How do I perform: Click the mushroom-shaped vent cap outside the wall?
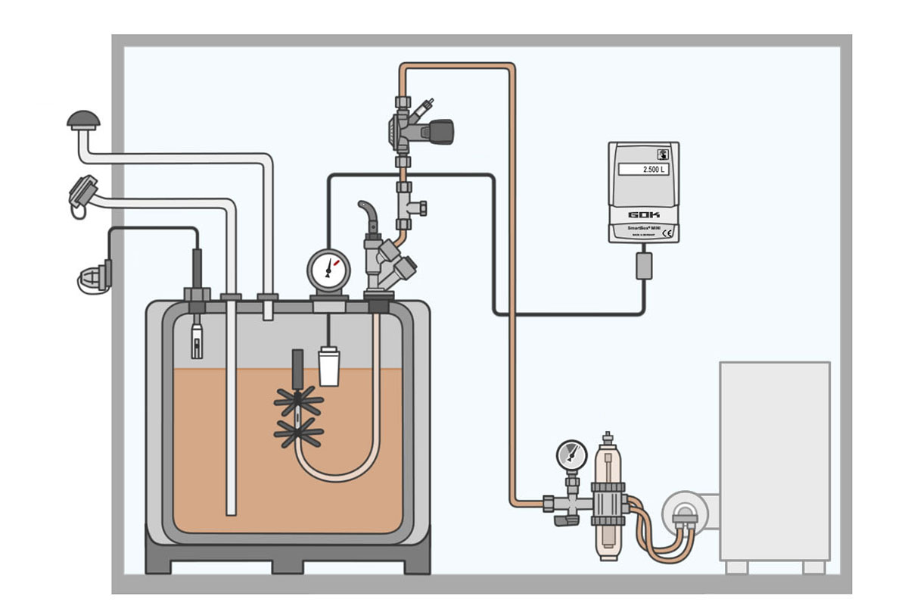tap(83, 120)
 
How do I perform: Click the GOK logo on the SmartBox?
tap(644, 214)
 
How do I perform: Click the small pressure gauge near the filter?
tap(571, 455)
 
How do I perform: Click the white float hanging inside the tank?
tap(328, 367)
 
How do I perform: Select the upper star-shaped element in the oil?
tap(299, 400)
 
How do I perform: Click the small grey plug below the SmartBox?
tap(644, 265)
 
